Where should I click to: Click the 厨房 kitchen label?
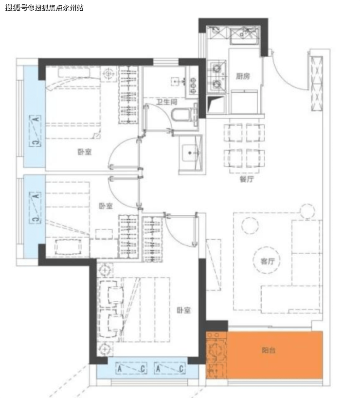coord(243,76)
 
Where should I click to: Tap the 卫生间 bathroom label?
coord(167,102)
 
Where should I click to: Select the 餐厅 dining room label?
coord(247,179)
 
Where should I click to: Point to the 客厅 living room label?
coord(267,261)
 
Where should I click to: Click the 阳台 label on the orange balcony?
coord(268,350)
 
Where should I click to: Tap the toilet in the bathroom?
coord(184,116)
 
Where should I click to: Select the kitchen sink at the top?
coord(244,35)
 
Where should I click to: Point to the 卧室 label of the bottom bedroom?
coord(184,310)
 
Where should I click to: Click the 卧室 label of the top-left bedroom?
coord(84,152)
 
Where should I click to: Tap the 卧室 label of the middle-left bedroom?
coord(106,206)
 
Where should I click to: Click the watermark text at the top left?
coord(44,8)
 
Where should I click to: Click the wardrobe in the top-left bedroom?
coord(128,95)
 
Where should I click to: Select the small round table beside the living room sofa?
coord(307,211)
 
